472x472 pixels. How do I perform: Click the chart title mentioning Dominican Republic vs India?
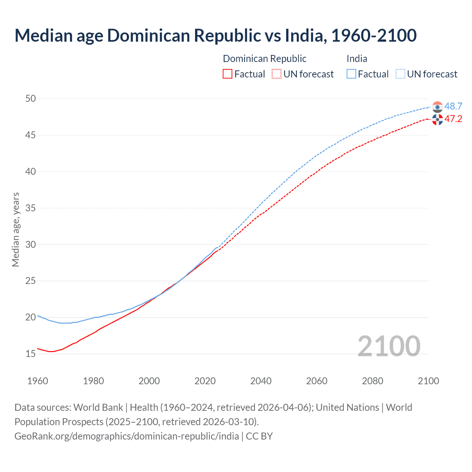tap(215, 35)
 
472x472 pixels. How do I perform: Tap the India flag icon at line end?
tap(437, 107)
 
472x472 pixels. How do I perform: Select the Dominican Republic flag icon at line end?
tap(437, 119)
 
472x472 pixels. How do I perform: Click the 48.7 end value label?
tap(453, 106)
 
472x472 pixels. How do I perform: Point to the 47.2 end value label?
tap(453, 119)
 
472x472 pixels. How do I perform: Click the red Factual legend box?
tap(228, 74)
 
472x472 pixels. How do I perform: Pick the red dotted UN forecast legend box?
tap(277, 74)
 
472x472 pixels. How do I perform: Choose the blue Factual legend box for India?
tap(351, 74)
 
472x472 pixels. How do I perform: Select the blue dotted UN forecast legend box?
tap(400, 74)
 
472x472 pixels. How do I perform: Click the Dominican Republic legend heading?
tap(264, 59)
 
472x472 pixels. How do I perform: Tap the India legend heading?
tap(357, 59)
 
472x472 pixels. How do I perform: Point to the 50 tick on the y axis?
tap(31, 98)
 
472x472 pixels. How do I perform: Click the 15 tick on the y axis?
tap(31, 354)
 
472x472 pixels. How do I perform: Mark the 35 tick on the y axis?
tap(31, 208)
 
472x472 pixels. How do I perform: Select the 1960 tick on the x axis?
tap(38, 381)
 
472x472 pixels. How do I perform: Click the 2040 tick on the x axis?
tap(261, 381)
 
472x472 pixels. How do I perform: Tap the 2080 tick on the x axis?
tap(372, 381)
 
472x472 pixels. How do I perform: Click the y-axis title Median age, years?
tap(15, 229)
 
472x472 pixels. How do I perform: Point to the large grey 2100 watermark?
tap(389, 346)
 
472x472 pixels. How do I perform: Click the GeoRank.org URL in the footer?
tap(126, 436)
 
